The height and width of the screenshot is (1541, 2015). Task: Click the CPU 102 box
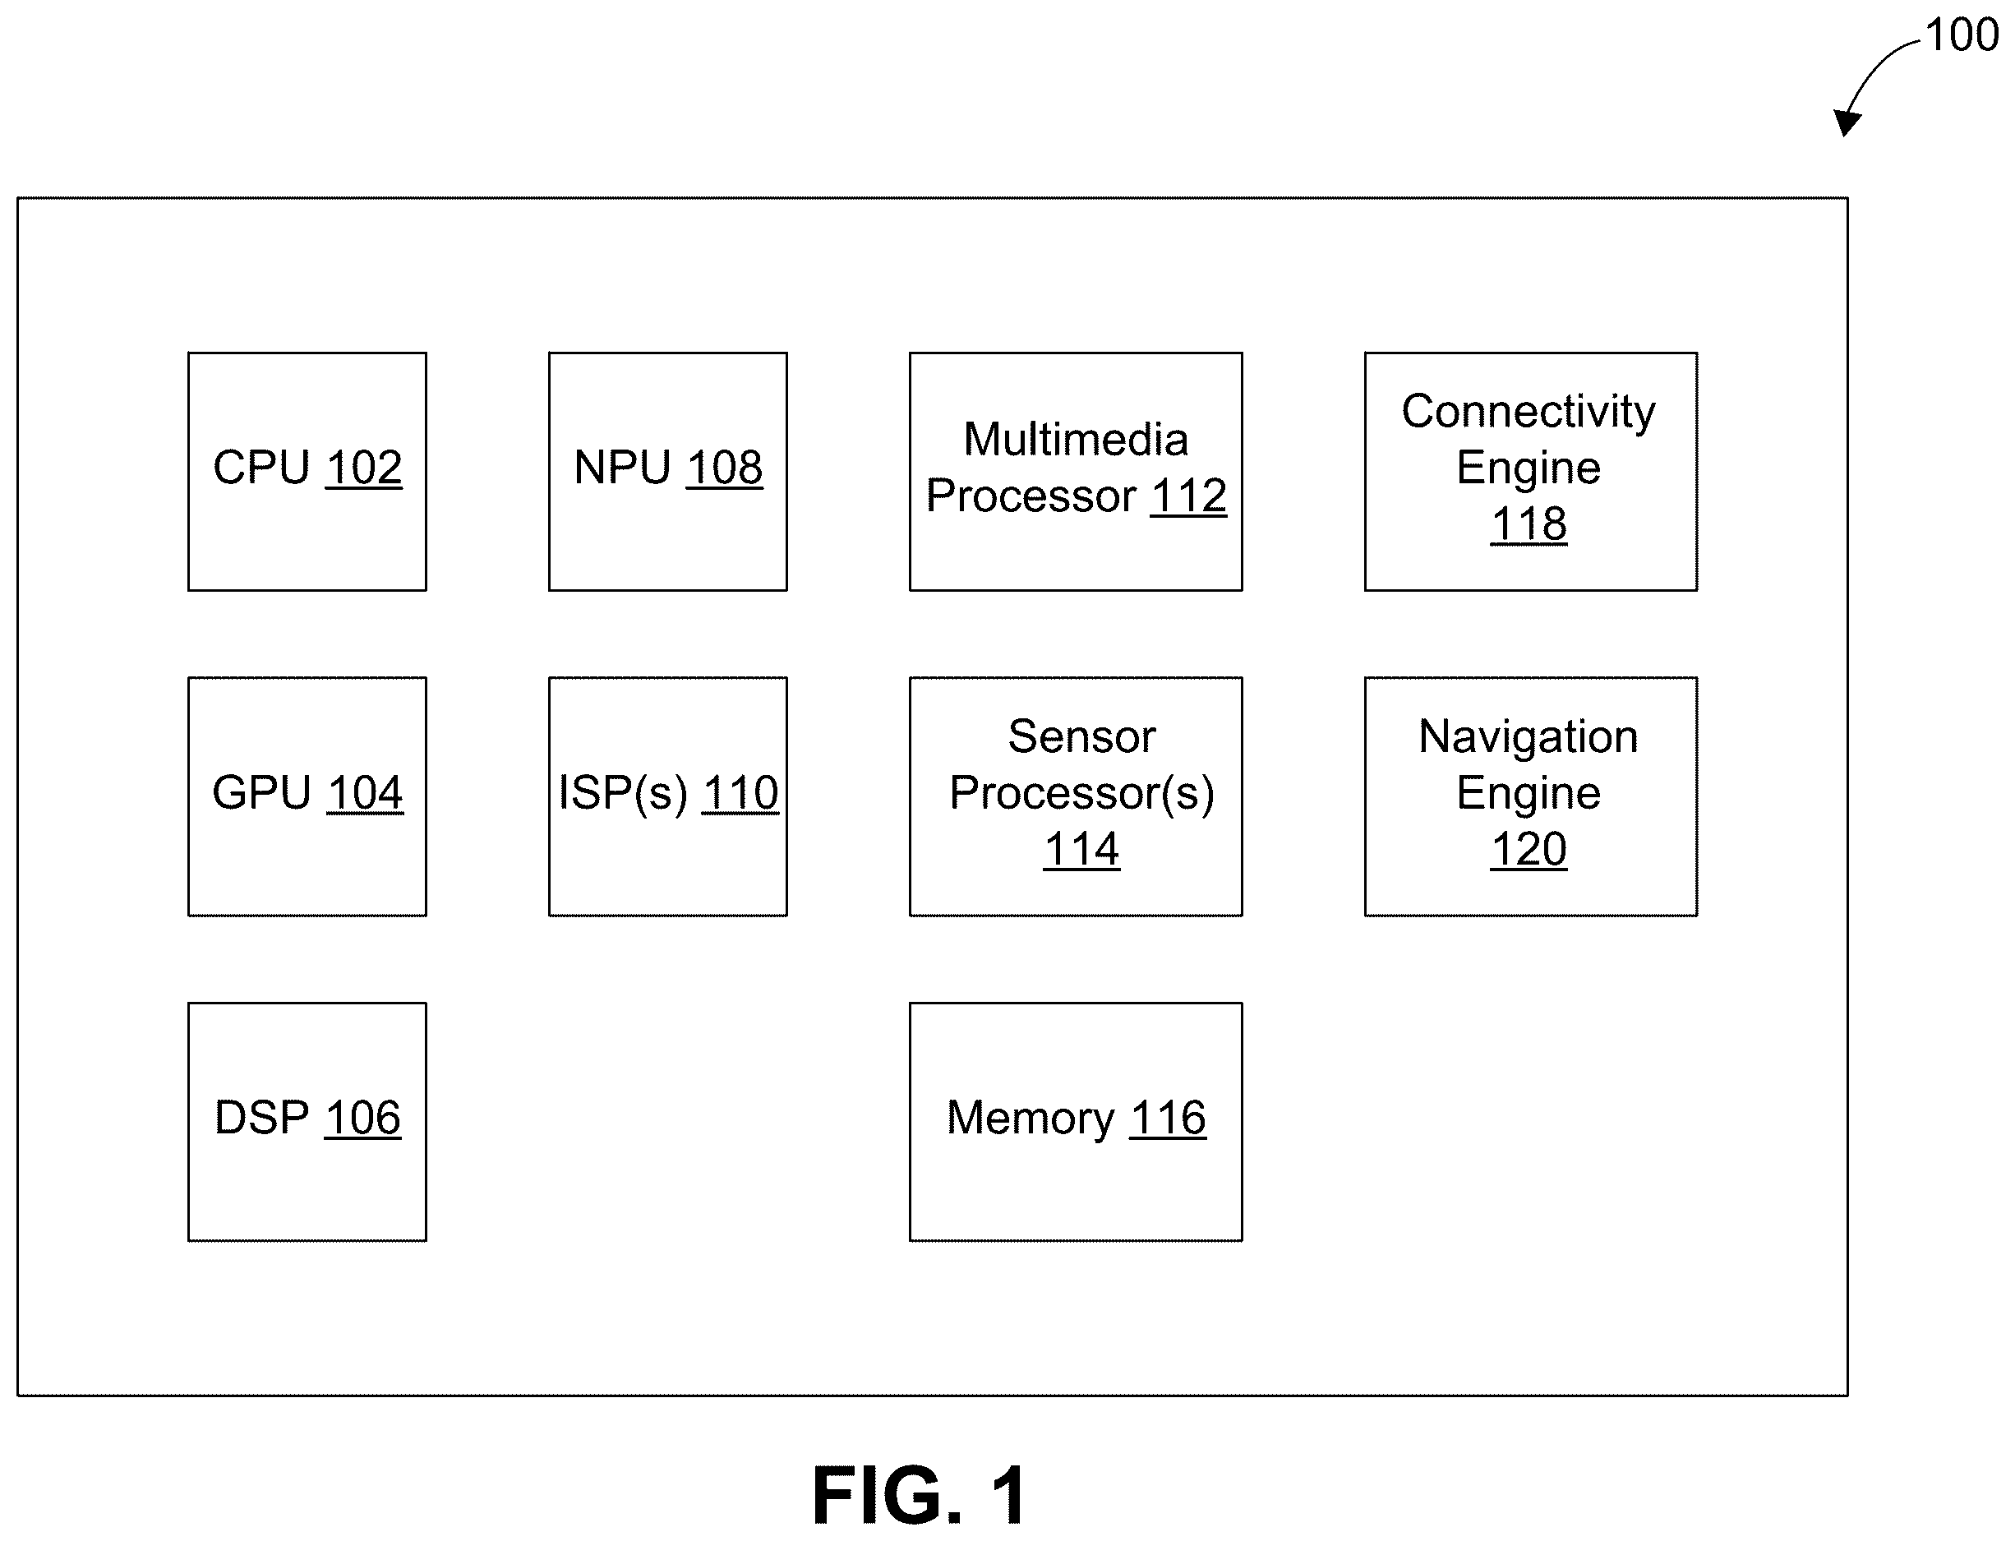[307, 472]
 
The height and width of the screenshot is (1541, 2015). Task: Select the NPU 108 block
[667, 472]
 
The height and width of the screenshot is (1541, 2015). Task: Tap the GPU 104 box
[307, 796]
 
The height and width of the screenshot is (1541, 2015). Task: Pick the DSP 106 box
[307, 1122]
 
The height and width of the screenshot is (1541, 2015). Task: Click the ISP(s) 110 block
[667, 796]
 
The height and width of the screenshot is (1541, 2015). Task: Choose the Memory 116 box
[1076, 1122]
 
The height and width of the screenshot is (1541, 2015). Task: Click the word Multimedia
[1076, 440]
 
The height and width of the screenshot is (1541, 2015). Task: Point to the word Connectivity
[1529, 412]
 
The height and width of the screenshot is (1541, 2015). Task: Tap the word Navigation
[1529, 736]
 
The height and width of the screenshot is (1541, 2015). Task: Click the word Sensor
[1082, 736]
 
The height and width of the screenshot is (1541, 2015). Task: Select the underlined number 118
[1529, 524]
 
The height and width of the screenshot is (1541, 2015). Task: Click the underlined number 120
[1529, 849]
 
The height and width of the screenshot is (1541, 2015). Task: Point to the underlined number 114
[1082, 849]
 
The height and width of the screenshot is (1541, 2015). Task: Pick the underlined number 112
[1188, 496]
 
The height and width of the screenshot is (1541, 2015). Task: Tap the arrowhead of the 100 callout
[1847, 125]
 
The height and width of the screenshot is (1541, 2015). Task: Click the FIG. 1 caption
[920, 1496]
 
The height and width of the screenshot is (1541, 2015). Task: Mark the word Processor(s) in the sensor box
[1082, 793]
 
